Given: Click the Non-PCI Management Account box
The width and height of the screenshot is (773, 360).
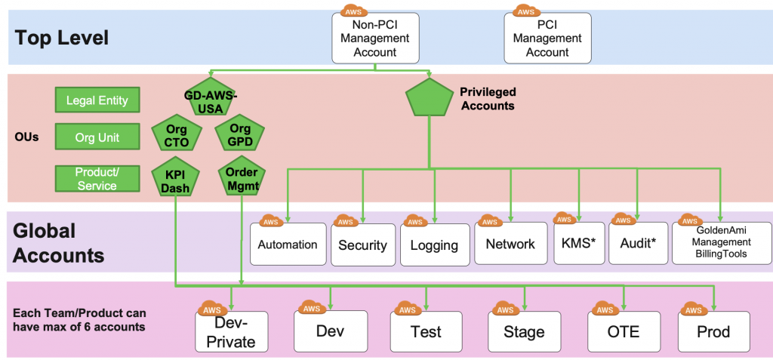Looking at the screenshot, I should (x=374, y=38).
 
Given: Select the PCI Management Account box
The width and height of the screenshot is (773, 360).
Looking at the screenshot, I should (x=547, y=38).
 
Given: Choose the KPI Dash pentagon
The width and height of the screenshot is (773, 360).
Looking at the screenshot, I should (x=176, y=179).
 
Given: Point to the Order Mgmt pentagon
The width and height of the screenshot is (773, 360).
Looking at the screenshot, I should (x=241, y=177).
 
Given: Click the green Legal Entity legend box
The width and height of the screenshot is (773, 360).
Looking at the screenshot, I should (x=97, y=100).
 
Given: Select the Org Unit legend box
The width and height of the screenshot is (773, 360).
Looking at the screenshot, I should (x=97, y=138).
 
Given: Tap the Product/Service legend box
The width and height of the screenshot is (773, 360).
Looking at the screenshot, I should (x=97, y=178).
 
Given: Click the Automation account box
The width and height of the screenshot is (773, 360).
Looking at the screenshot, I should (x=288, y=244).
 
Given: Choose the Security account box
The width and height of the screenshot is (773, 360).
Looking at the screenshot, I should (x=362, y=245).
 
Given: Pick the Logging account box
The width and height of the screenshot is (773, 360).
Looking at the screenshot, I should (x=434, y=245).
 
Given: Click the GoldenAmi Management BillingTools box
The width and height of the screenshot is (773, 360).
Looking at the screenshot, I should (x=721, y=243).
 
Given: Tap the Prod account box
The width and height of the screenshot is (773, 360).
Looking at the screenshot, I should (x=713, y=331).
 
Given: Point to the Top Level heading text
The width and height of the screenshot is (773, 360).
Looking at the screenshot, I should (x=62, y=37).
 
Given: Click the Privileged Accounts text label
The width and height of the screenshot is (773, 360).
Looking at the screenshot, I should (x=487, y=99).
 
